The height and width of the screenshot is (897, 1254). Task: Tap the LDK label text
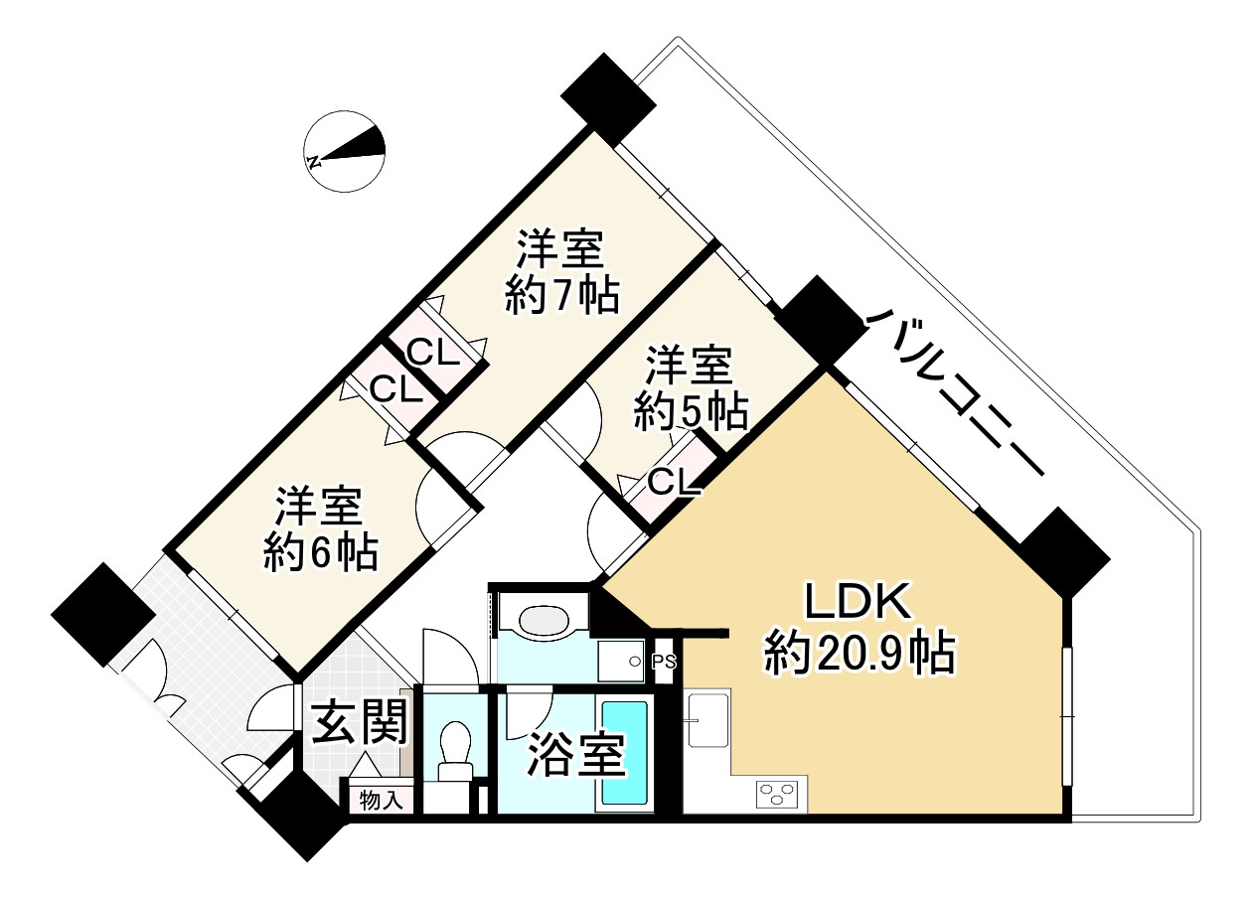[857, 604]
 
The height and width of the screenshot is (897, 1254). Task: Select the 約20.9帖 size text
[860, 655]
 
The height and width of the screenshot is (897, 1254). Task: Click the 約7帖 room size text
[561, 295]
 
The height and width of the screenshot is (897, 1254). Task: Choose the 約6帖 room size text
[320, 552]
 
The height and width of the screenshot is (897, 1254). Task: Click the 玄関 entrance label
[361, 724]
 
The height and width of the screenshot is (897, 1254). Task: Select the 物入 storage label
[380, 800]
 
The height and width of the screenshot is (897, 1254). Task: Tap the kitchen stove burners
[778, 794]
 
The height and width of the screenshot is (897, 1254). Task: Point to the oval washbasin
[544, 622]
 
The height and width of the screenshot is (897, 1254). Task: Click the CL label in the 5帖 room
[675, 483]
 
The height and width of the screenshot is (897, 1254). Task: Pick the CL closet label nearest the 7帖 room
[433, 352]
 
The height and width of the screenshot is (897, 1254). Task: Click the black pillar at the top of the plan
[607, 96]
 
